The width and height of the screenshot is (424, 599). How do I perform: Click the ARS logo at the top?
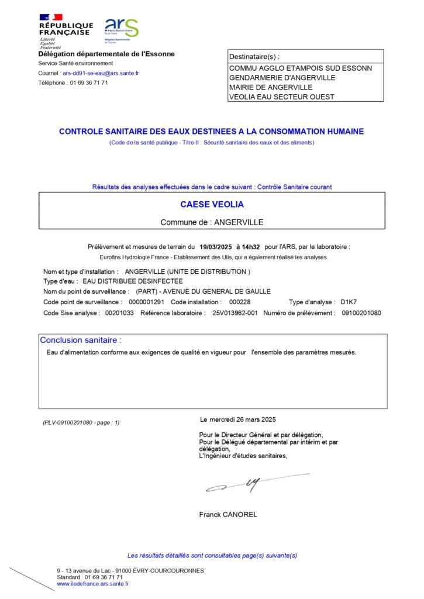pyautogui.click(x=121, y=29)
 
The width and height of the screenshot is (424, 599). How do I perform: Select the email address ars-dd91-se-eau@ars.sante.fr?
pyautogui.click(x=101, y=74)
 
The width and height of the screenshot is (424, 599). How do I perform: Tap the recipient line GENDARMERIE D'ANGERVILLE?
pyautogui.click(x=282, y=78)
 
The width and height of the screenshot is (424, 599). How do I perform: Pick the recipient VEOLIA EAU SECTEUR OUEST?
pyautogui.click(x=284, y=97)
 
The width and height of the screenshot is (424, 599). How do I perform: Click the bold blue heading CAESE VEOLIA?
pyautogui.click(x=212, y=205)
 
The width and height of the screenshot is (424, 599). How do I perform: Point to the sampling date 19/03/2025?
pyautogui.click(x=216, y=247)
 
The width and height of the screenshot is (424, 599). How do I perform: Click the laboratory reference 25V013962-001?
pyautogui.click(x=235, y=313)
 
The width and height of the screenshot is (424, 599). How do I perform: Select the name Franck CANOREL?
pyautogui.click(x=228, y=515)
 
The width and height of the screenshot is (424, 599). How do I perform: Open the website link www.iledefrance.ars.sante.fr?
pyautogui.click(x=92, y=584)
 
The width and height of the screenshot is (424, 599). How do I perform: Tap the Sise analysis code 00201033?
pyautogui.click(x=119, y=313)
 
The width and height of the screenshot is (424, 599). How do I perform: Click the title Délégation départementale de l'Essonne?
pyautogui.click(x=106, y=54)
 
